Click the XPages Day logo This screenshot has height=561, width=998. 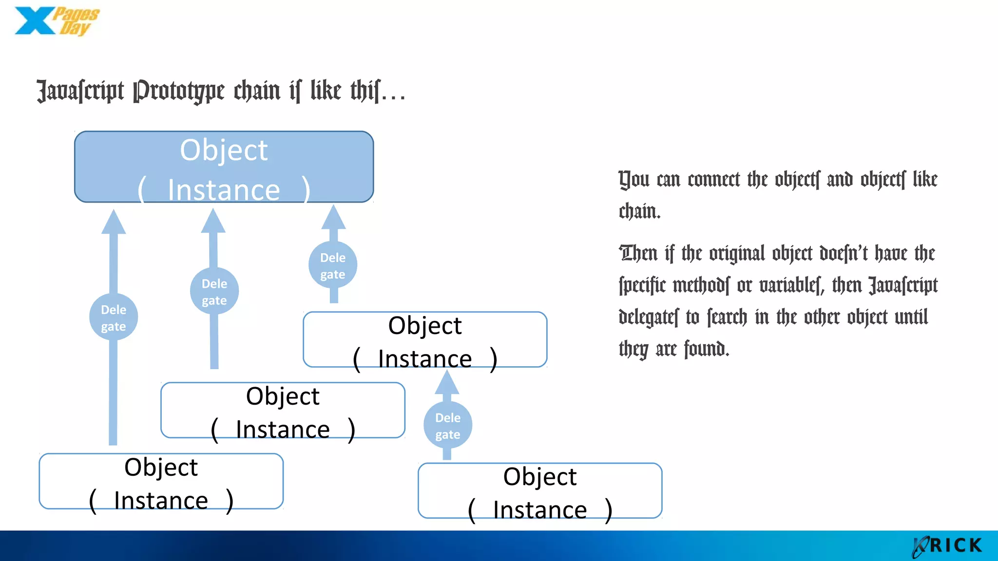56,21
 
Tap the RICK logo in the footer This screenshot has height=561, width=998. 948,545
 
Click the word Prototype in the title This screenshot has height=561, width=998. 179,91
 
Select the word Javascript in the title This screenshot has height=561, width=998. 80,91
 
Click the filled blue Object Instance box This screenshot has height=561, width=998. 224,167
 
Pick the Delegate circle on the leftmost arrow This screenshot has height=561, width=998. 114,318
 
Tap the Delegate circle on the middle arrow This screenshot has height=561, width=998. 214,291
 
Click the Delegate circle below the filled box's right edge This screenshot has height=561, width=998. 333,265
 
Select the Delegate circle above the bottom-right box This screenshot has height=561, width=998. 447,425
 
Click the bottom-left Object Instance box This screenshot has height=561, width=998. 161,482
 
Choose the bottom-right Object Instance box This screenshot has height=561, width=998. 539,491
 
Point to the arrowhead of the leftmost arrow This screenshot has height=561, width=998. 114,223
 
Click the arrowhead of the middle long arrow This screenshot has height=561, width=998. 213,221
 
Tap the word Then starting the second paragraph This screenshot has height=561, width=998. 638,254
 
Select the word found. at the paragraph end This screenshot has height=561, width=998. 706,349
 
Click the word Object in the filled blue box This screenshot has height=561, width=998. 224,150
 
